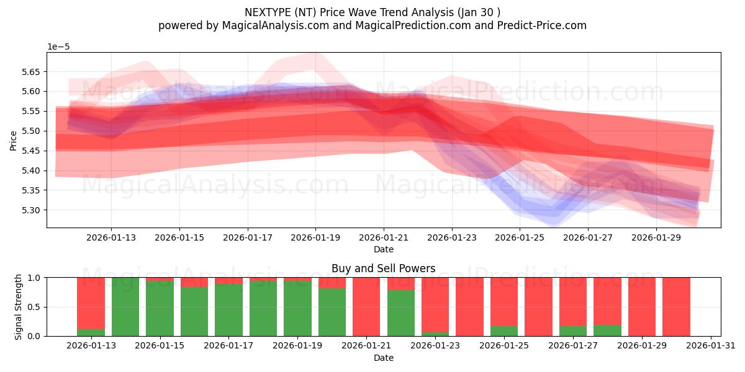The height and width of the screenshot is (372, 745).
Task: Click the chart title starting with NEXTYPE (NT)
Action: pyautogui.click(x=372, y=12)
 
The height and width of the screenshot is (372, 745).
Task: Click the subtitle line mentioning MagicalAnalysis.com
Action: pyautogui.click(x=372, y=25)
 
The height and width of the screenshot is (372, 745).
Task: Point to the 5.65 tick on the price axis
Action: pyautogui.click(x=30, y=72)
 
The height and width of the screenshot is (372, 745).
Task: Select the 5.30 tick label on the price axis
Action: pyautogui.click(x=30, y=210)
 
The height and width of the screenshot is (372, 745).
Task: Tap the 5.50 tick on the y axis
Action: pyautogui.click(x=30, y=131)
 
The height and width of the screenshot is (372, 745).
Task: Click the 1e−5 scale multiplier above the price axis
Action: pyautogui.click(x=58, y=46)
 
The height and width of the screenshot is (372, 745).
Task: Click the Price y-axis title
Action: pyautogui.click(x=13, y=140)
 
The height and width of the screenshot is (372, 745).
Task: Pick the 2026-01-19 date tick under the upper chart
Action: pyautogui.click(x=315, y=237)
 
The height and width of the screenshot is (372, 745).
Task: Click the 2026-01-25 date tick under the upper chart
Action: pyautogui.click(x=520, y=237)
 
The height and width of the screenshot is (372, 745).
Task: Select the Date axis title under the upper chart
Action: pyautogui.click(x=383, y=249)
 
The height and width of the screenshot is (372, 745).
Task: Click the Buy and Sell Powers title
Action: pyautogui.click(x=383, y=268)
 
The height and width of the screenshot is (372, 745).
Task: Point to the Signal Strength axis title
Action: pyautogui.click(x=18, y=306)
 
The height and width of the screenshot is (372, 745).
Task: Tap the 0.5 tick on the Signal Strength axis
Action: pyautogui.click(x=34, y=307)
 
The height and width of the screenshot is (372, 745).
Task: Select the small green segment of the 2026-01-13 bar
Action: pyautogui.click(x=91, y=333)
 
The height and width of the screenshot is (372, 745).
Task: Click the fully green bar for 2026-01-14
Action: pyautogui.click(x=125, y=307)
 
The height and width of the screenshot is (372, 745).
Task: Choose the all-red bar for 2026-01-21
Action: pyautogui.click(x=366, y=307)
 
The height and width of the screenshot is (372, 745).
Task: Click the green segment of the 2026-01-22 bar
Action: pyautogui.click(x=401, y=313)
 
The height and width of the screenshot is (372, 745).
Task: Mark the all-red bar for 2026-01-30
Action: pyautogui.click(x=676, y=307)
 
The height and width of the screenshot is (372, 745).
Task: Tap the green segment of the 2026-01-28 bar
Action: pyautogui.click(x=607, y=330)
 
